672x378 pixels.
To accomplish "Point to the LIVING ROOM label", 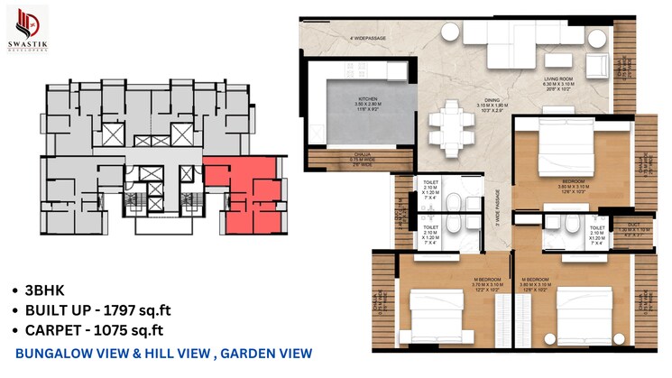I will click(x=559, y=80).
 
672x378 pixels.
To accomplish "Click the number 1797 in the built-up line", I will click(x=121, y=311).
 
